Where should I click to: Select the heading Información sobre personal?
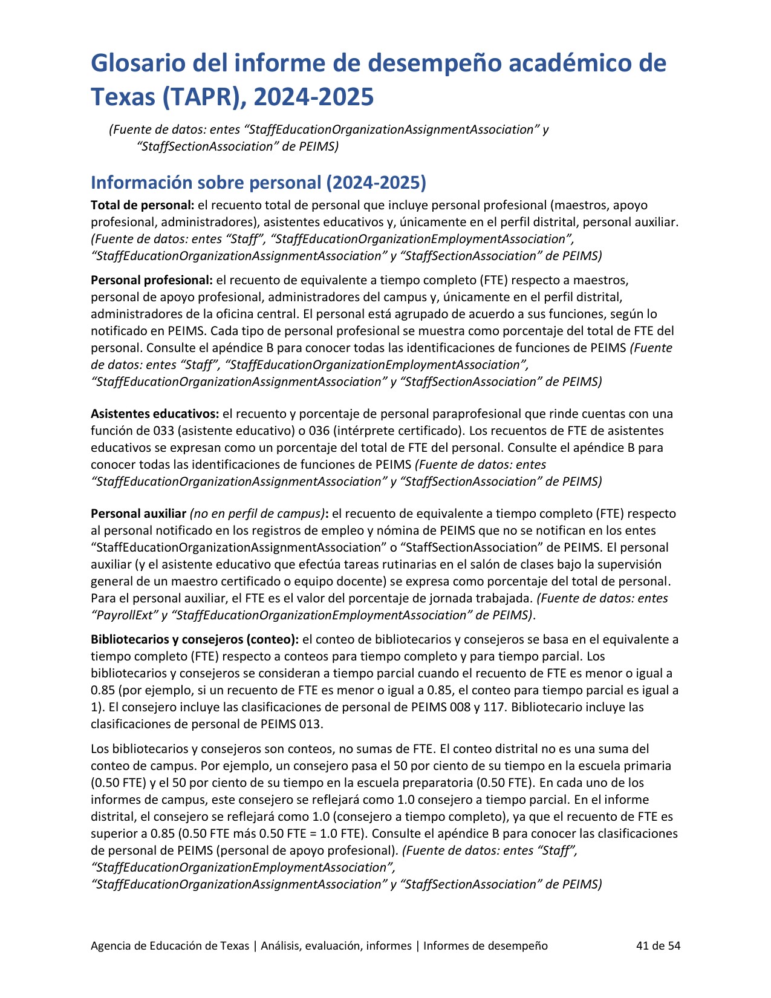(258, 182)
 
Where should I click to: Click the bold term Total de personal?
(143, 205)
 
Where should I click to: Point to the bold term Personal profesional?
(152, 280)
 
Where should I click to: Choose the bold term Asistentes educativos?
(155, 414)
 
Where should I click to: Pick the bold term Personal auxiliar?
(138, 514)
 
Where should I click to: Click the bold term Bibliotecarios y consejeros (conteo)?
(195, 639)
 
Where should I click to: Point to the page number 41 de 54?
(659, 945)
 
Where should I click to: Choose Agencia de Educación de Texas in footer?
(170, 945)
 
